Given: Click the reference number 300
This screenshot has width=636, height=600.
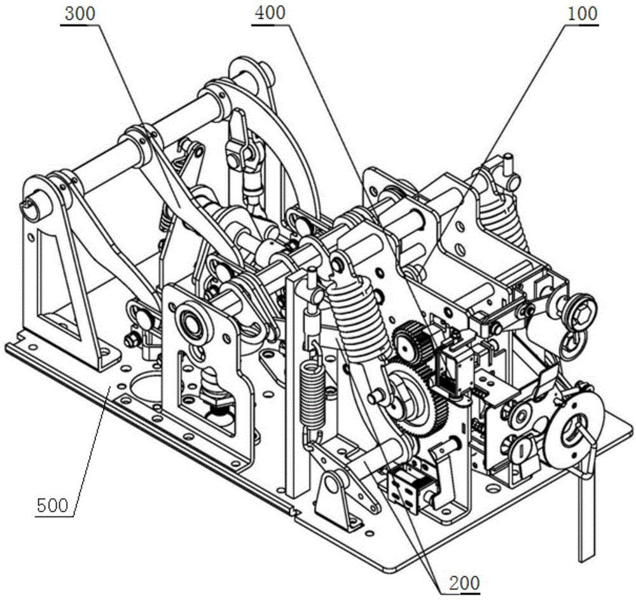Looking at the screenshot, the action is [80, 14].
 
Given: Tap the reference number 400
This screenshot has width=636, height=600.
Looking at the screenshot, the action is [270, 13].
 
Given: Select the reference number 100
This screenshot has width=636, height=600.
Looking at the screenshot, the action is [583, 14].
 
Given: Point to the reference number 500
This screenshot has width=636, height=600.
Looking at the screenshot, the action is [52, 506].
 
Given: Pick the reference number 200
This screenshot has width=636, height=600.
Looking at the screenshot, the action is [464, 583].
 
